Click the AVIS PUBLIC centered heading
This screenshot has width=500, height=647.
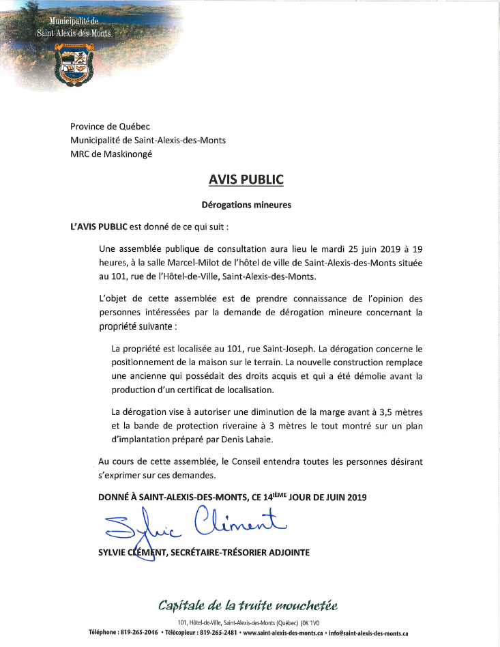click(x=245, y=180)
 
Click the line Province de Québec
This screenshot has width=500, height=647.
click(x=110, y=126)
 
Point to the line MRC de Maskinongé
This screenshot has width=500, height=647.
click(x=111, y=154)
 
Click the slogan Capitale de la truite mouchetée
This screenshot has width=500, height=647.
click(x=248, y=605)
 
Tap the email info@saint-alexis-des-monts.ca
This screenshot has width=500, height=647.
click(x=368, y=633)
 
